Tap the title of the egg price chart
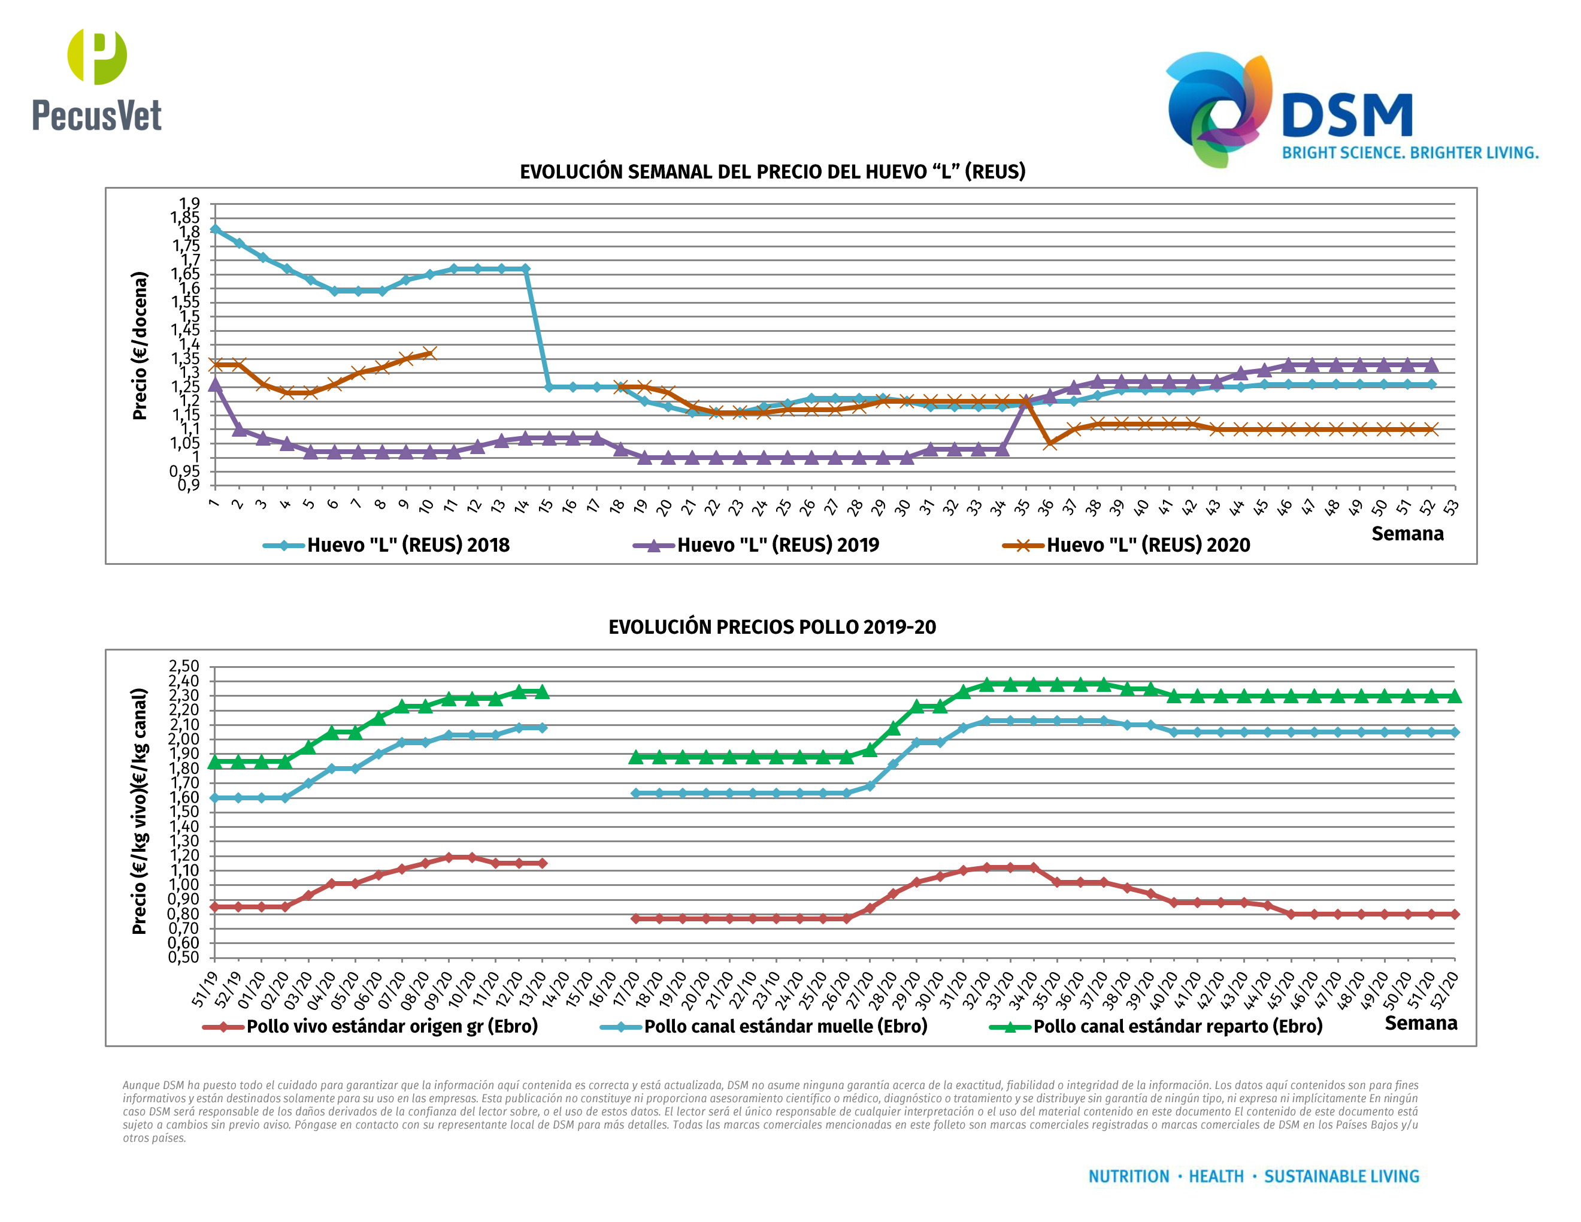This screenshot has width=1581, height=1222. coord(773,171)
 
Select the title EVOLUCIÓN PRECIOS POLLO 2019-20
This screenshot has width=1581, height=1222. coord(772,627)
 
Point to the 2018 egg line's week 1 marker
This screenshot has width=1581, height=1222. coord(215,229)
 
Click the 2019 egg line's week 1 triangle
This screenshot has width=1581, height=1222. coord(215,385)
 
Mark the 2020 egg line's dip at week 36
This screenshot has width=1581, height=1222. coord(1050,443)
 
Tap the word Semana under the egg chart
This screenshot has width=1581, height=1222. coord(1407,534)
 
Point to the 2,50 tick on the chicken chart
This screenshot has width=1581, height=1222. coord(184,666)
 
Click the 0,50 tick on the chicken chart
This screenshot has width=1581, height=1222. coord(184,957)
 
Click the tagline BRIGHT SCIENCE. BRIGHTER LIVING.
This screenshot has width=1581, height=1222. coord(1410,153)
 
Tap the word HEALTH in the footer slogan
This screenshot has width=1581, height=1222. coord(1216,1176)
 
